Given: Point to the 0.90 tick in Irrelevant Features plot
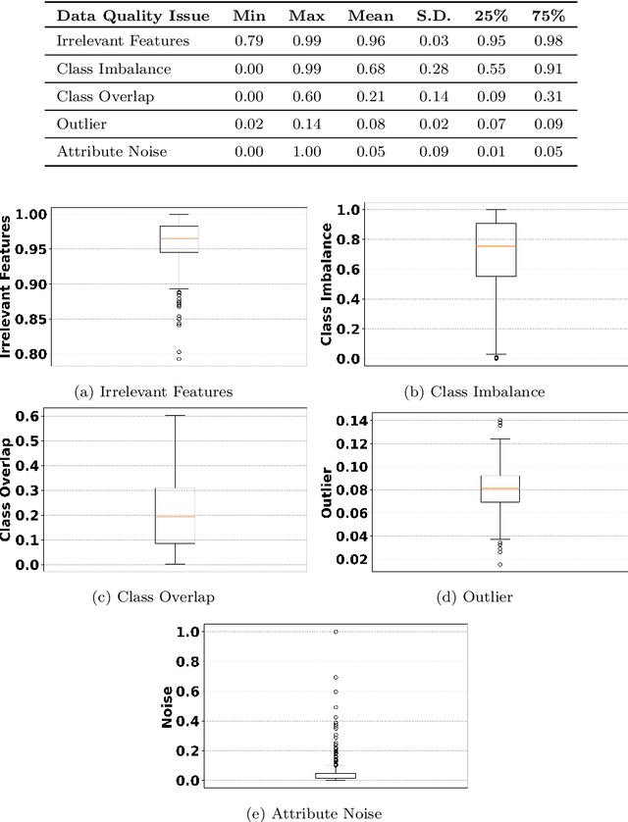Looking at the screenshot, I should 29,283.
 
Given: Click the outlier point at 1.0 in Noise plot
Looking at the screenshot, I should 336,632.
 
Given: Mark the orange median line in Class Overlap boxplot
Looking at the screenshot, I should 174,516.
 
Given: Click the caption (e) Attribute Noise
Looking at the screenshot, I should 311,813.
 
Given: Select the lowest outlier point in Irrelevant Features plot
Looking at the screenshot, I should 179,358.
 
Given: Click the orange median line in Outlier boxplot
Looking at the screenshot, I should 500,488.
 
